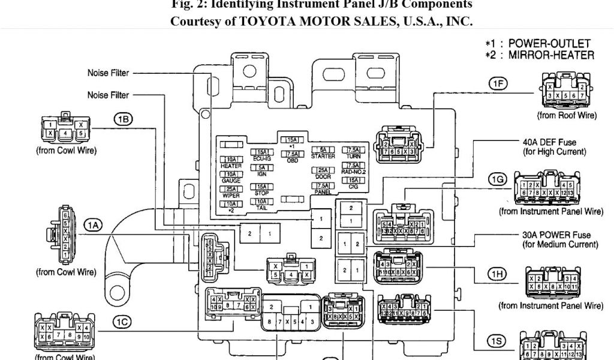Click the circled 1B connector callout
point(123,119)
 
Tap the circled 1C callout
point(121,322)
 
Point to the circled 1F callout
point(498,85)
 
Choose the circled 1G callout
point(498,179)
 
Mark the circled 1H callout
point(498,275)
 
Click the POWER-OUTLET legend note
point(540,44)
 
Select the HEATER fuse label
point(231,166)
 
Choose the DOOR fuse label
point(324,177)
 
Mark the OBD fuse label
point(292,161)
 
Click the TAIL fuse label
point(261,208)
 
